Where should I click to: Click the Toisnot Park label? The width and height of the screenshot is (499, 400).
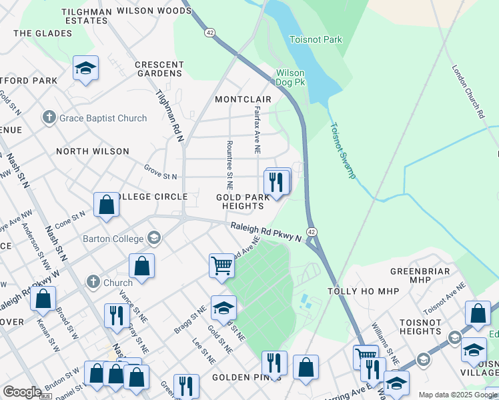(x=316, y=40)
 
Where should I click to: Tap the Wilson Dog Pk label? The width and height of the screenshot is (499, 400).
(x=291, y=77)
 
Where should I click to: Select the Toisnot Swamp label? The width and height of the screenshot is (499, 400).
(x=343, y=150)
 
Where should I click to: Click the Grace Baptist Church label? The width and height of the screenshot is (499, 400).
(x=103, y=119)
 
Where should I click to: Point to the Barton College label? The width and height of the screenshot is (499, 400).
(x=113, y=239)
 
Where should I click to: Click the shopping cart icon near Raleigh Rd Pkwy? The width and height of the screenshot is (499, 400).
(x=221, y=265)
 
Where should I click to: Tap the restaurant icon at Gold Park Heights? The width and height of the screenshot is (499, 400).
(x=277, y=181)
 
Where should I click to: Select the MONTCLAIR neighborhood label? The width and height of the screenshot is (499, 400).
(x=243, y=99)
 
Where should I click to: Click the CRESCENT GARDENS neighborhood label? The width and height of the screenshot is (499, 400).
(x=159, y=69)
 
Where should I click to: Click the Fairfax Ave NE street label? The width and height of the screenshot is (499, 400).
(x=257, y=129)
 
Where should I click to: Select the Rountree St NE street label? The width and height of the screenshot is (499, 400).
(x=229, y=162)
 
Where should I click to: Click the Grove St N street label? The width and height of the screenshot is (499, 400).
(x=160, y=172)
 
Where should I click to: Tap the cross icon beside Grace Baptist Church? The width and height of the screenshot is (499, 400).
(x=49, y=118)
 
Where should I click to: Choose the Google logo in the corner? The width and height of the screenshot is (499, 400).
(x=22, y=392)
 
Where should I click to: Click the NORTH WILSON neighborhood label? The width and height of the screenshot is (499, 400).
(x=93, y=151)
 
